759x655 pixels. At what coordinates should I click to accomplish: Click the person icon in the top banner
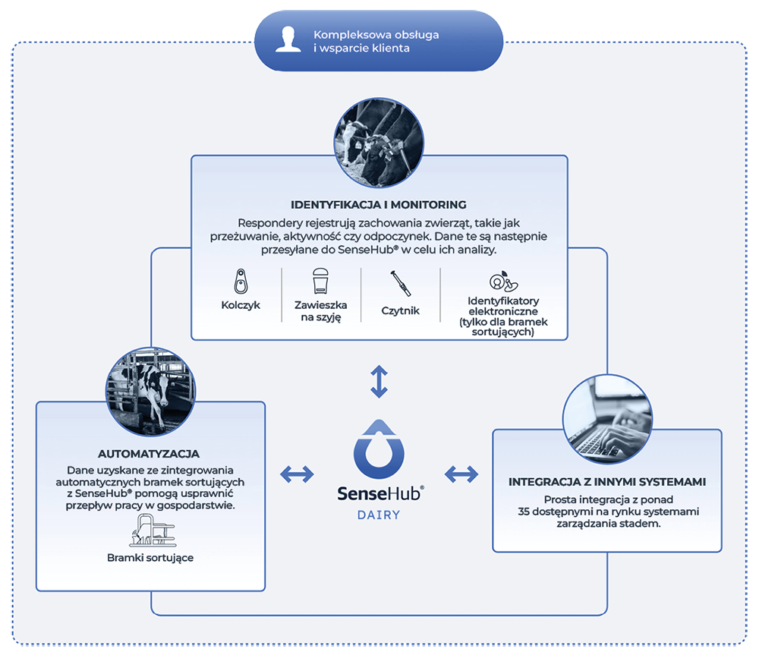pyautogui.click(x=288, y=39)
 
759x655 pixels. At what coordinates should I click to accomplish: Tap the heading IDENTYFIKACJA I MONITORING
pyautogui.click(x=379, y=205)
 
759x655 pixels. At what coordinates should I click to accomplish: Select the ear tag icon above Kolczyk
pyautogui.click(x=241, y=282)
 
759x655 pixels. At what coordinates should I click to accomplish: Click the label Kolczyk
pyautogui.click(x=241, y=305)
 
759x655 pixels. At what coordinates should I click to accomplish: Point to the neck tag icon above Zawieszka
pyautogui.click(x=320, y=281)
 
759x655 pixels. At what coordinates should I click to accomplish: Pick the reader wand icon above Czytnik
pyautogui.click(x=401, y=283)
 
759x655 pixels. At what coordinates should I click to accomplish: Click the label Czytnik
pyautogui.click(x=400, y=310)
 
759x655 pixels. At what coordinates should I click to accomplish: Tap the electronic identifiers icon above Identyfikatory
pyautogui.click(x=503, y=281)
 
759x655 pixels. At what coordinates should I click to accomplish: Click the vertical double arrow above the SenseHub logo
pyautogui.click(x=379, y=382)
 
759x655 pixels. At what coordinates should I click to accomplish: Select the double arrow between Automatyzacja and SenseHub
pyautogui.click(x=298, y=474)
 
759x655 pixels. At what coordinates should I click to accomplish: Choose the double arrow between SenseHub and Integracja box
pyautogui.click(x=461, y=474)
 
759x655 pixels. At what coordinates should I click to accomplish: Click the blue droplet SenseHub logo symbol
pyautogui.click(x=379, y=449)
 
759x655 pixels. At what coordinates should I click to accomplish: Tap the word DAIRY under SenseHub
pyautogui.click(x=379, y=515)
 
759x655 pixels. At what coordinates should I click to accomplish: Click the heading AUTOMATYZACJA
pyautogui.click(x=149, y=454)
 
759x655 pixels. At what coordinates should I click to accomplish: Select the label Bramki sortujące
pyautogui.click(x=150, y=558)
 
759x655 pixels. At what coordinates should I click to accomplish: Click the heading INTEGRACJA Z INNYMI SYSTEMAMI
pyautogui.click(x=607, y=482)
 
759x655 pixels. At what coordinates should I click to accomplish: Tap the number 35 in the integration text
pyautogui.click(x=523, y=512)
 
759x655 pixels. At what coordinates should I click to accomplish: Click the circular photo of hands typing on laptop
pyautogui.click(x=607, y=419)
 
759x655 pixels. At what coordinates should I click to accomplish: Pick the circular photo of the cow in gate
pyautogui.click(x=150, y=391)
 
